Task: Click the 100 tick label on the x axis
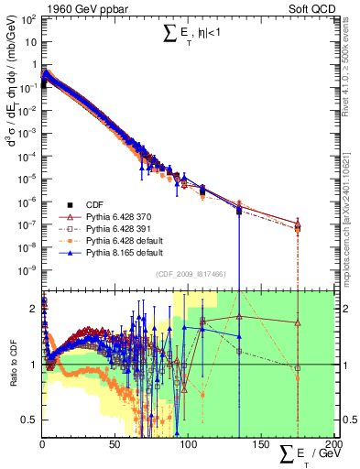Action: [188, 446]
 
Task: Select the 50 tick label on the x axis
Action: [115, 446]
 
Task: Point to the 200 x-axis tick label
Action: [332, 446]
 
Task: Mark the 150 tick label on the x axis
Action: [260, 446]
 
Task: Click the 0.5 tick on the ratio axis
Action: [28, 420]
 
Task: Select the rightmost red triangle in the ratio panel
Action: [298, 322]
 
